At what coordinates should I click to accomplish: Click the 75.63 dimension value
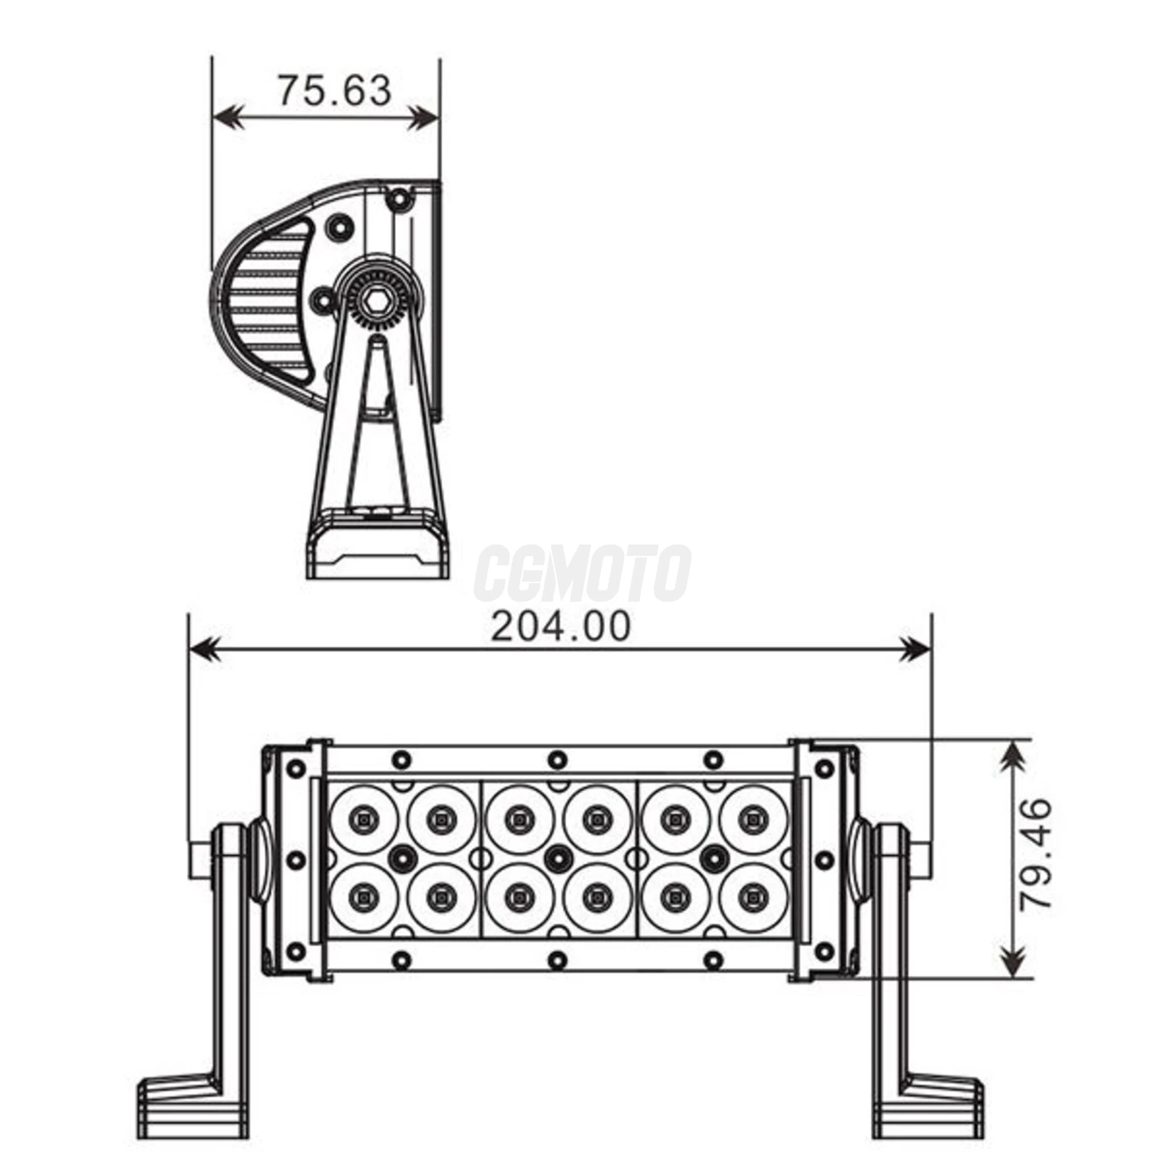point(334,90)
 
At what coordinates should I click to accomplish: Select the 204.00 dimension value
point(560,627)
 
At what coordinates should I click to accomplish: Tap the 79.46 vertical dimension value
point(1036,855)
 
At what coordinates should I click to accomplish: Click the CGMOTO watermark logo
point(582,573)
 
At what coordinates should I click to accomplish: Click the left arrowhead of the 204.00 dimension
point(204,649)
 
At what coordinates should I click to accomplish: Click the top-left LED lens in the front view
point(364,819)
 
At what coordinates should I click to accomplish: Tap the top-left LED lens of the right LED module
point(676,819)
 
